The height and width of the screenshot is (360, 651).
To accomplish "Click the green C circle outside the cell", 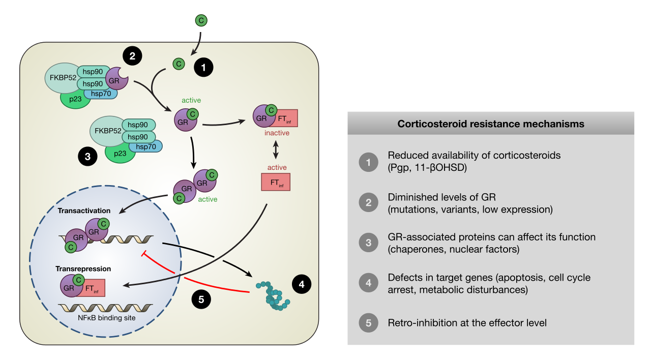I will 201,20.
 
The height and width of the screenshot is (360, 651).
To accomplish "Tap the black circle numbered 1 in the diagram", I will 203,67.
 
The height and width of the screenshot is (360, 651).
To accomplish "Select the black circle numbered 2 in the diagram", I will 132,56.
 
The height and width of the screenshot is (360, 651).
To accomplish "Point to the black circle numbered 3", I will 87,157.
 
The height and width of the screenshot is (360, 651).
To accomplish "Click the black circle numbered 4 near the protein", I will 302,285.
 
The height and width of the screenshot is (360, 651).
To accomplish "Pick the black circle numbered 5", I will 201,299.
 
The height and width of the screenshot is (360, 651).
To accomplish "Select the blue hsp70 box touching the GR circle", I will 101,93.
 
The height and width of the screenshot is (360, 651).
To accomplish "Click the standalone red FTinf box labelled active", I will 276,182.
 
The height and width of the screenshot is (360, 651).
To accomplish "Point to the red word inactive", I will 277,133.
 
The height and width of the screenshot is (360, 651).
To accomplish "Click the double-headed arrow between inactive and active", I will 276,150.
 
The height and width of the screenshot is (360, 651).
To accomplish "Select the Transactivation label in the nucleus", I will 84,211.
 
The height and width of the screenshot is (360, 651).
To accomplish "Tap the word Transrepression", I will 84,268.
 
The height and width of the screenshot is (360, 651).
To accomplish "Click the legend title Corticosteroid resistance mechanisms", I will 490,124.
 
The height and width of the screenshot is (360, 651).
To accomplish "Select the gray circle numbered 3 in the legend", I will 369,243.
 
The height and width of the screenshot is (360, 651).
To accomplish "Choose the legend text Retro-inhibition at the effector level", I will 467,323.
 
